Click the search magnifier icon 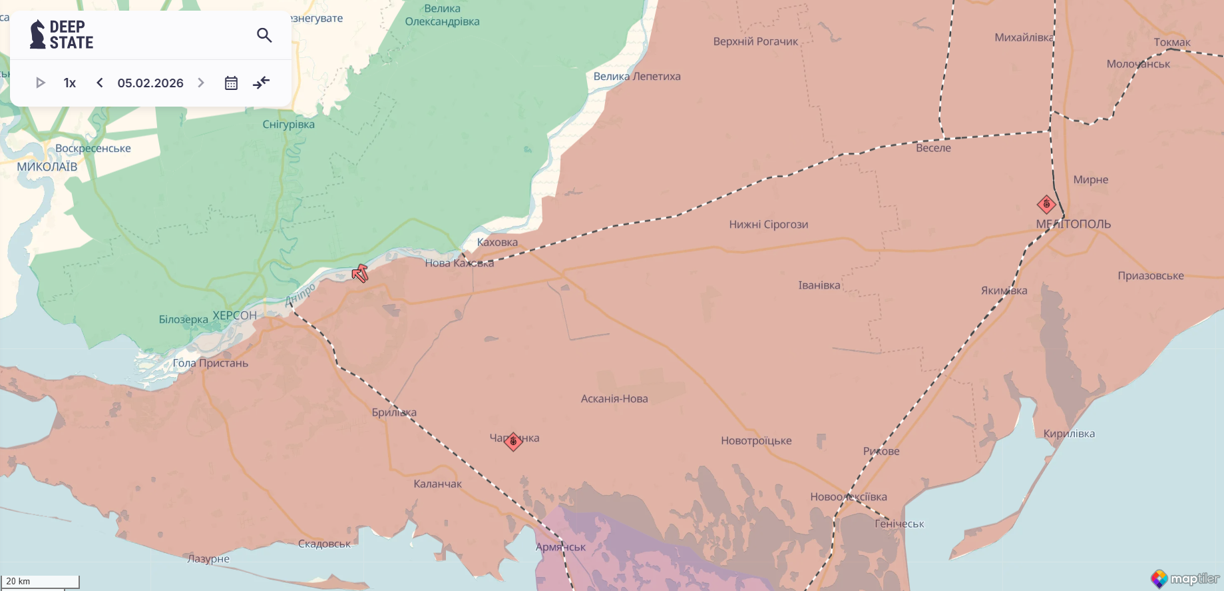coord(264,35)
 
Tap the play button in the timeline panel coord(41,83)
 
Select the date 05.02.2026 coord(150,83)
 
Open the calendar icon coord(231,83)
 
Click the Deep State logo coord(61,35)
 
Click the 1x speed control coord(70,83)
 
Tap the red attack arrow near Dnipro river coord(360,273)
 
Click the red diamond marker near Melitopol coord(1046,205)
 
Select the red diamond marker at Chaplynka coord(513,441)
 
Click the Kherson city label coord(234,315)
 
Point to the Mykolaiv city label coord(47,167)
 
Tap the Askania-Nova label coord(614,398)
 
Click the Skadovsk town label coord(324,544)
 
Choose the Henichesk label coord(899,524)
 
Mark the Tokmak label coord(1172,42)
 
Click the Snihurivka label coord(288,124)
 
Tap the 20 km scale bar coord(40,582)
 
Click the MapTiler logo coord(1185,578)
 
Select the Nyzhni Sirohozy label coord(768,225)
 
